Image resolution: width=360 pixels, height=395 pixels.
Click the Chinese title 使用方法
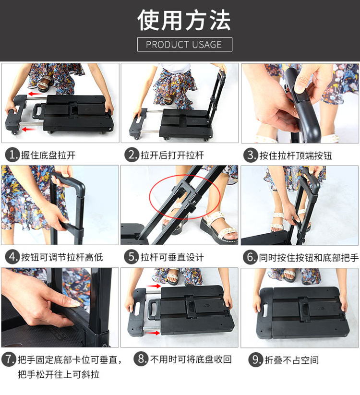click(x=184, y=20)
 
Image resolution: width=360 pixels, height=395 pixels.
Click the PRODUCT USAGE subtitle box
click(x=185, y=44)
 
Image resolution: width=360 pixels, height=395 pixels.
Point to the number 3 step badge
click(x=251, y=155)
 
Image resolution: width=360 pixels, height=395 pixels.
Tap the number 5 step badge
click(x=131, y=257)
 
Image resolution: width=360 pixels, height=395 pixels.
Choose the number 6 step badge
click(x=250, y=257)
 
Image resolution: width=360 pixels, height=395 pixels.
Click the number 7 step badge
click(x=9, y=359)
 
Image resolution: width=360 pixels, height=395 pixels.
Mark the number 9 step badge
click(x=256, y=360)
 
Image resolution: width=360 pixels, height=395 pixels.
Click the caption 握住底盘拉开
click(x=48, y=155)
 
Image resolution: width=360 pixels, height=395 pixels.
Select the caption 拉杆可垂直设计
click(x=172, y=257)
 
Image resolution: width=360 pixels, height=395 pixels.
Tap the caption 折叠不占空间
click(x=291, y=360)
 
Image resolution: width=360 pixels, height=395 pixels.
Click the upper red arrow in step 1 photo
click(x=35, y=94)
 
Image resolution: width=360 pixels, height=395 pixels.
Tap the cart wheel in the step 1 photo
click(x=15, y=132)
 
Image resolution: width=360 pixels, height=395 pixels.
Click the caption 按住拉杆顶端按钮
click(x=296, y=156)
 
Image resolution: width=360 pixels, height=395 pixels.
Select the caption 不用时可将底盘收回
click(x=191, y=359)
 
